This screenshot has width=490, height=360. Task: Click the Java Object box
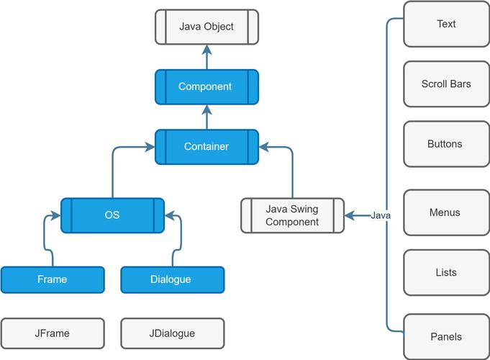[x=207, y=27]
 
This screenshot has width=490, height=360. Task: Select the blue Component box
[x=207, y=86]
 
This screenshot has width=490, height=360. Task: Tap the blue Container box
[x=207, y=146]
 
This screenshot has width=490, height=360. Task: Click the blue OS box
[x=112, y=215]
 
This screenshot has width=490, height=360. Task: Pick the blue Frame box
[x=53, y=279]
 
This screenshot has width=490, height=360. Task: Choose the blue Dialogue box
[x=172, y=279]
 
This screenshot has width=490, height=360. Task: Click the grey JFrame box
[x=53, y=333]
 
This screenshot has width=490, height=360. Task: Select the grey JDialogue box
[x=172, y=333]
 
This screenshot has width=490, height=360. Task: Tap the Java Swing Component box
[x=292, y=215]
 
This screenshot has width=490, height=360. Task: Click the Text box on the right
[x=446, y=24]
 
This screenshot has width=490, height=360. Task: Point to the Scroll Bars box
[x=446, y=84]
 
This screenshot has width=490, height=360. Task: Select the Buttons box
[x=446, y=144]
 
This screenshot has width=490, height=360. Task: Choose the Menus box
[x=446, y=212]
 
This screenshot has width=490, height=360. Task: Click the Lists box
[x=446, y=273]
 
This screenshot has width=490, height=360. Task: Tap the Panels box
[x=446, y=336]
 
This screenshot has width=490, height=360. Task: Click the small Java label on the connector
[x=381, y=215]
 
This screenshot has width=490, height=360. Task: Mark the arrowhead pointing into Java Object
[x=207, y=49]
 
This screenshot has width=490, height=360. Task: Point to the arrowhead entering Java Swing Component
[x=350, y=215]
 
